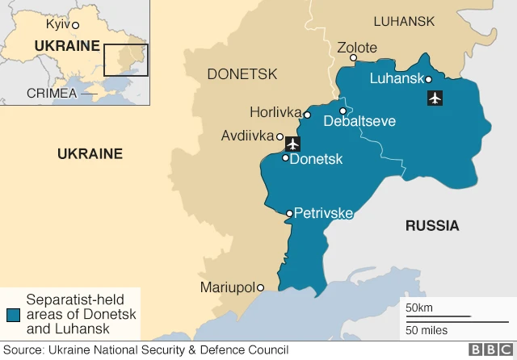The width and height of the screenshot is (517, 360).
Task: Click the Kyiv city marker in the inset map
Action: point(75,26)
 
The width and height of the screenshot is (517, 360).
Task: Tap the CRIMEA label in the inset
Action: point(51,93)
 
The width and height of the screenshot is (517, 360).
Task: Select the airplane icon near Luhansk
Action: point(435,98)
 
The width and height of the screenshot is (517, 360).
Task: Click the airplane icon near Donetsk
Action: point(292,144)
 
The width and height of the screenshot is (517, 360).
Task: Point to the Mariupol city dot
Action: point(260,287)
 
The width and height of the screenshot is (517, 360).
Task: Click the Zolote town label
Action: point(357,48)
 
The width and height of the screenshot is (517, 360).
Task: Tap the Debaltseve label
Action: point(359,122)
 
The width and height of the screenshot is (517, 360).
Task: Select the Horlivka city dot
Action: point(307,115)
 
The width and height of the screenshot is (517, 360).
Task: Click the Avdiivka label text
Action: point(247,136)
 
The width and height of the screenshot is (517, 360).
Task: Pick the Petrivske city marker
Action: point(289,214)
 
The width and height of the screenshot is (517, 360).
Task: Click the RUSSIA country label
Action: point(431,225)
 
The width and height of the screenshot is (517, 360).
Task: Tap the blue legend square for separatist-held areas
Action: point(13,315)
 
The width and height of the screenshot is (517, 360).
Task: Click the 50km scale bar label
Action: point(418,308)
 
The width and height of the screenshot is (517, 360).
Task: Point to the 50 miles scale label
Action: point(427,329)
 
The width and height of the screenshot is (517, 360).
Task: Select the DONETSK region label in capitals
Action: point(242,74)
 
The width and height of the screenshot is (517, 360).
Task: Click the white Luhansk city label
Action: point(396,78)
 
